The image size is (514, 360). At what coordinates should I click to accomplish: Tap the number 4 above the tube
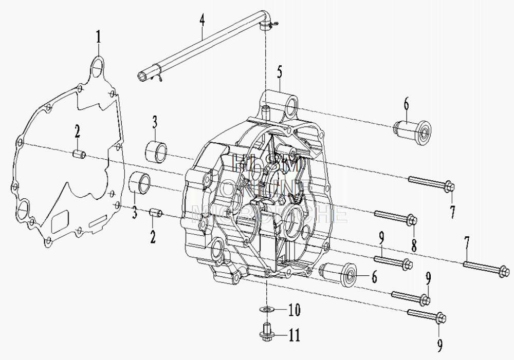(x=202, y=21)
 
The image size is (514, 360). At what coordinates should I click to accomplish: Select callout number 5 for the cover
(x=280, y=71)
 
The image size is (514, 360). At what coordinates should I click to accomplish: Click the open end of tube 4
(x=142, y=77)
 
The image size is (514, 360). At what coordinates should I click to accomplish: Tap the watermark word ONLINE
(x=266, y=188)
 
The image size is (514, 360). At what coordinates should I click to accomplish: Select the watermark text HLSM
(x=266, y=163)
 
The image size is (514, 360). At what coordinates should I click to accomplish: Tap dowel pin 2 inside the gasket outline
(x=79, y=154)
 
